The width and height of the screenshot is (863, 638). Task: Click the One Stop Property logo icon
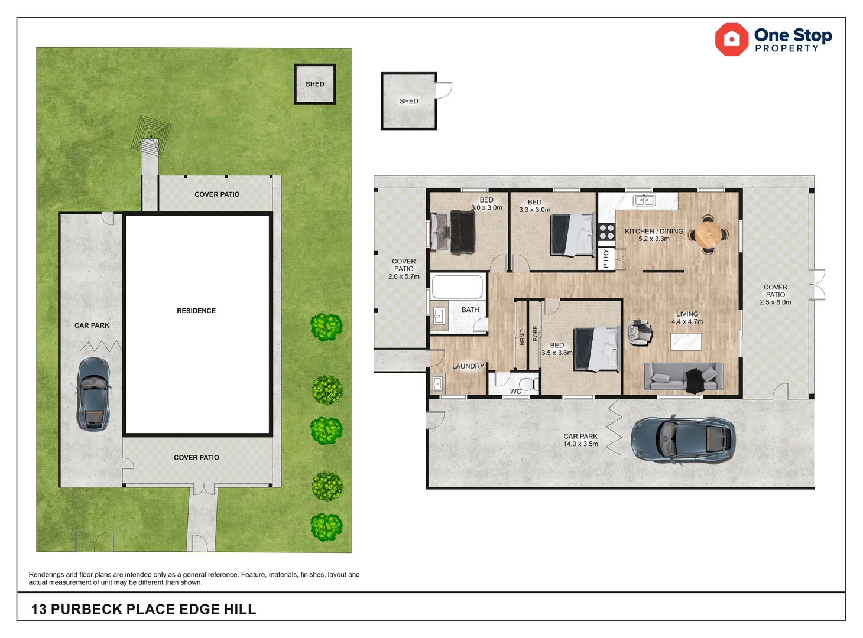[732, 40]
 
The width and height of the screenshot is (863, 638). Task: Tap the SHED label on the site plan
[314, 84]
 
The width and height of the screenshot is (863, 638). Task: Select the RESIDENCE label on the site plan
[196, 311]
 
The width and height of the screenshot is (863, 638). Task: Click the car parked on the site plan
[93, 394]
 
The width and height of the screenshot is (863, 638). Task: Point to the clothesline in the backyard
[151, 136]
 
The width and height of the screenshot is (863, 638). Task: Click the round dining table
[708, 235]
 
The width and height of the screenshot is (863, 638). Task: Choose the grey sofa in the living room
[683, 376]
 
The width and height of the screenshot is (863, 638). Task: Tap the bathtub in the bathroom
[458, 287]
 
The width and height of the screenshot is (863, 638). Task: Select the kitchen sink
[644, 201]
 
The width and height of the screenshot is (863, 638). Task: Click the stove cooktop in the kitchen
[606, 232]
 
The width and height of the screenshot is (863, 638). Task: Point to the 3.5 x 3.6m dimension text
[557, 353]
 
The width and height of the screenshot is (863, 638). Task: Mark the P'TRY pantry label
[606, 259]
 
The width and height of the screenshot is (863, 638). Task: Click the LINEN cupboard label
[521, 337]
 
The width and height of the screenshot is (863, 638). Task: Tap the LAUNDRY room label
[468, 366]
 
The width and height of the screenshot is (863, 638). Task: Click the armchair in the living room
[640, 333]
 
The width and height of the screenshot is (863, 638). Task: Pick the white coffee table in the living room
[686, 341]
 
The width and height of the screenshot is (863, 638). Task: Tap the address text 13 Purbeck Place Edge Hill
[144, 609]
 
